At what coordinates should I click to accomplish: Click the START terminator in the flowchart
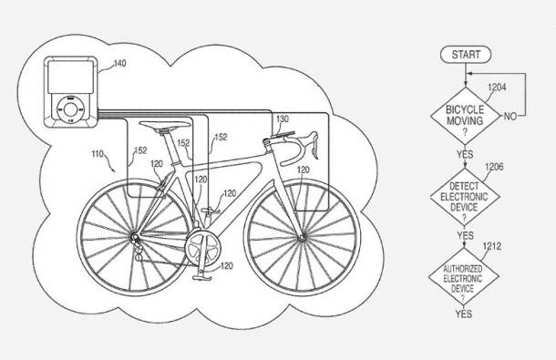click(466, 55)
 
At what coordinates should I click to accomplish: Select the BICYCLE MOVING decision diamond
click(465, 116)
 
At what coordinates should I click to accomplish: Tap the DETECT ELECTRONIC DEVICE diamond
click(465, 197)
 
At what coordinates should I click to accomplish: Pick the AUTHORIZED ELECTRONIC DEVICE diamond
click(464, 277)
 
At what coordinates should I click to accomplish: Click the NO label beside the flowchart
click(510, 116)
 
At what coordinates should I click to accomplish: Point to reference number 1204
click(497, 87)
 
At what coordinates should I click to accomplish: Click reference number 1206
click(494, 167)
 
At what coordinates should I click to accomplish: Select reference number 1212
click(492, 246)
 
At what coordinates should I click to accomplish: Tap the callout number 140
click(119, 63)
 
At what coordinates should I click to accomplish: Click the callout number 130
click(283, 118)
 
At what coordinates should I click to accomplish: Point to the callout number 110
click(98, 154)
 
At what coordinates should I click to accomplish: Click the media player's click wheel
click(70, 110)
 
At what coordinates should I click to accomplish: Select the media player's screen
click(70, 77)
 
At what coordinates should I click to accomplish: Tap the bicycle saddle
click(165, 125)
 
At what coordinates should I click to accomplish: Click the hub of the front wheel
click(302, 238)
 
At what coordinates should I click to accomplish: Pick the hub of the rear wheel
click(134, 237)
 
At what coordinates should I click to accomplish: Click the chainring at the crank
click(202, 248)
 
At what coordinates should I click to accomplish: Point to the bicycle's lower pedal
click(202, 277)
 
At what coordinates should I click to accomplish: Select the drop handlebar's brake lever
click(314, 145)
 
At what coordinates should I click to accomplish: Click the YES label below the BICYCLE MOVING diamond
click(465, 155)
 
